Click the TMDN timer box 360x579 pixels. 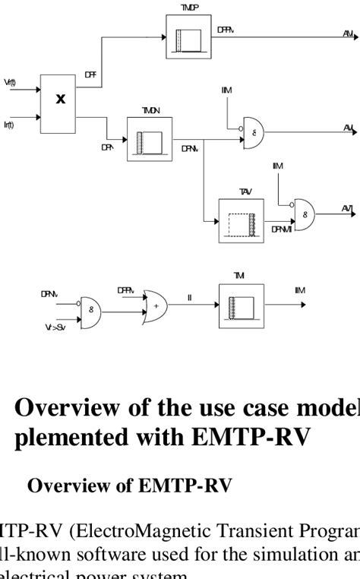[x=150, y=139]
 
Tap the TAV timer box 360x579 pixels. [x=241, y=220]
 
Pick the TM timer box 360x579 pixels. [x=241, y=306]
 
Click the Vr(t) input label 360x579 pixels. [x=8, y=82]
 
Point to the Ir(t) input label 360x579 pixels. [x=8, y=124]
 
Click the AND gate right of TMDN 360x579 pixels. [x=254, y=131]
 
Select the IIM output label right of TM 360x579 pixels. [x=300, y=290]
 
